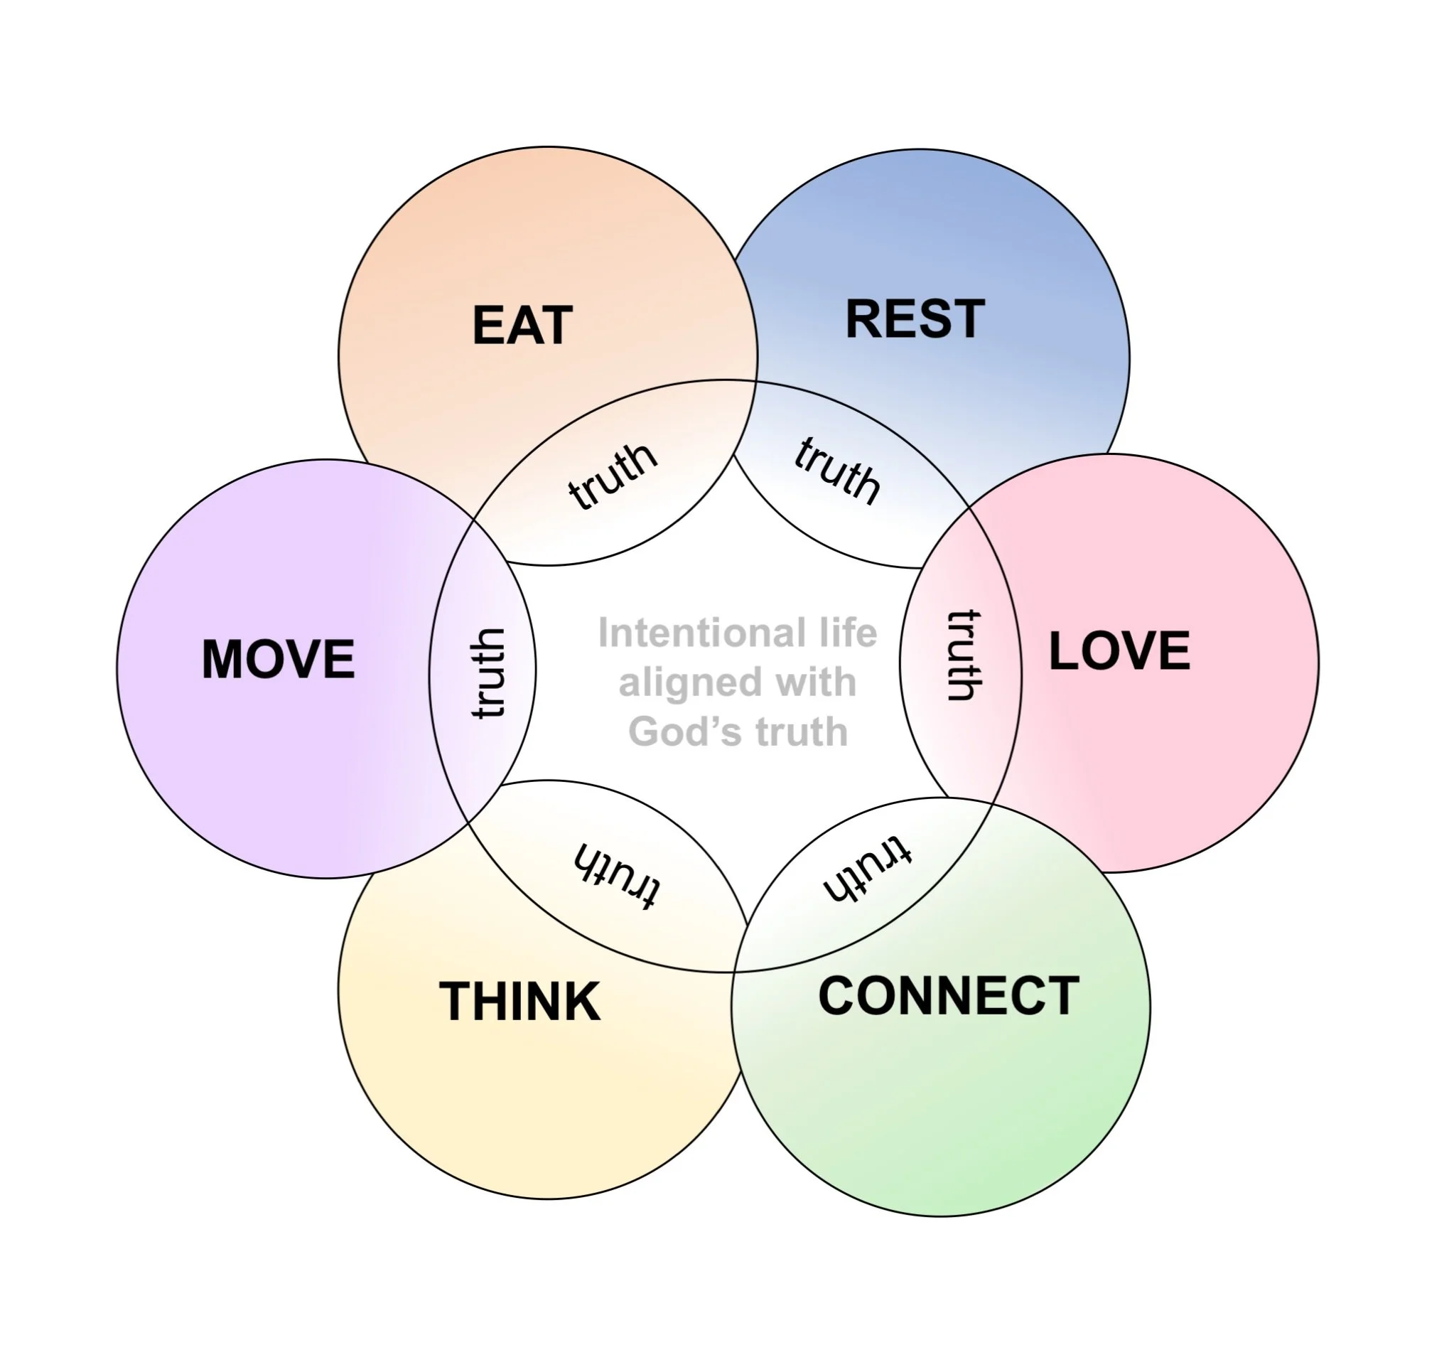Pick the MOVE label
278,660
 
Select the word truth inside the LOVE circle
964,655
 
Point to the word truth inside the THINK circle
617,875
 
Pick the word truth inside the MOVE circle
488,674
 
